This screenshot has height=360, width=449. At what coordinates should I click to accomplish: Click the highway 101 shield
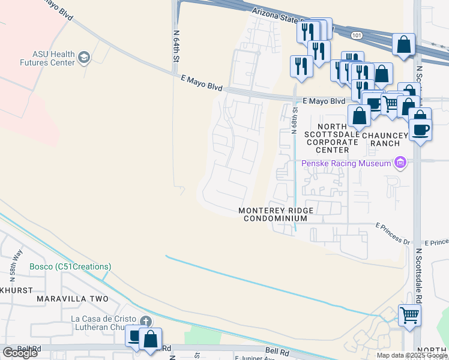(357, 36)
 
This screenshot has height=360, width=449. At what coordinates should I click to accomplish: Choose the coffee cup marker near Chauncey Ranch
(420, 130)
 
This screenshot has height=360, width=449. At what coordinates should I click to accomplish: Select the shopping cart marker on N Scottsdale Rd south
(409, 315)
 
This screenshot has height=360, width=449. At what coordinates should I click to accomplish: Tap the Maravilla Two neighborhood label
(72, 299)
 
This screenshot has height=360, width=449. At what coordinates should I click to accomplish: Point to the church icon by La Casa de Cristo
(145, 320)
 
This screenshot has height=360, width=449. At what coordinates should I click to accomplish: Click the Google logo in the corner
(20, 353)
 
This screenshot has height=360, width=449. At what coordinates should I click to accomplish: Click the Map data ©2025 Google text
(412, 355)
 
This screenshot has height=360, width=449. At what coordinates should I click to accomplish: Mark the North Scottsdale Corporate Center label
(333, 134)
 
